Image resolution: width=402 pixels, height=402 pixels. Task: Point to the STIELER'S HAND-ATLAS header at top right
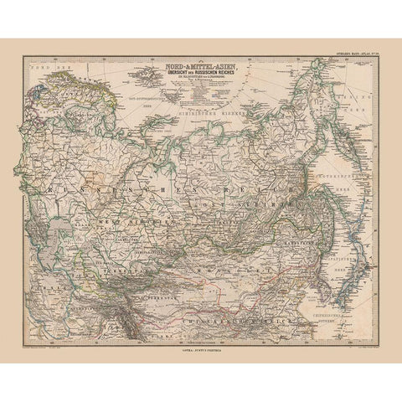point(355,56)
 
